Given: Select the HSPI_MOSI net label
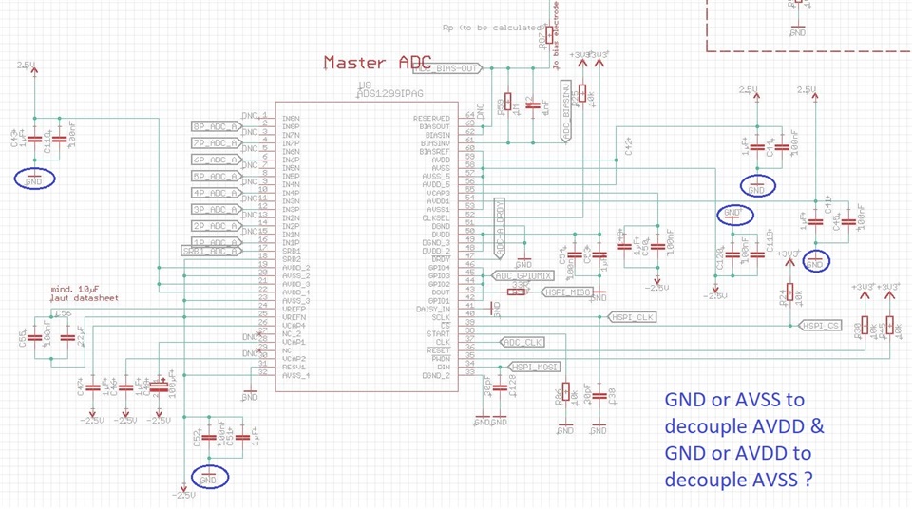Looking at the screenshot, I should coord(535,367).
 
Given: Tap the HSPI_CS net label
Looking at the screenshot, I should coord(821,326).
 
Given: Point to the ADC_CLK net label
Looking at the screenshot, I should coord(522,342).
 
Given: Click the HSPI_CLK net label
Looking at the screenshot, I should coord(634,317).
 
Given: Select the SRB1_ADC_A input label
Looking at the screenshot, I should coord(209,251).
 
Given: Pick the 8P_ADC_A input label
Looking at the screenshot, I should coord(215,126).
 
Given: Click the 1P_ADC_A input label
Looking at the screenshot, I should coord(215,242).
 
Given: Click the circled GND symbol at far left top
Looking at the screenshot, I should coord(35,179).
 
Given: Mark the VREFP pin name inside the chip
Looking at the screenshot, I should coord(294,310).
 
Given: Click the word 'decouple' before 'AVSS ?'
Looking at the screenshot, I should coord(707,480).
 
